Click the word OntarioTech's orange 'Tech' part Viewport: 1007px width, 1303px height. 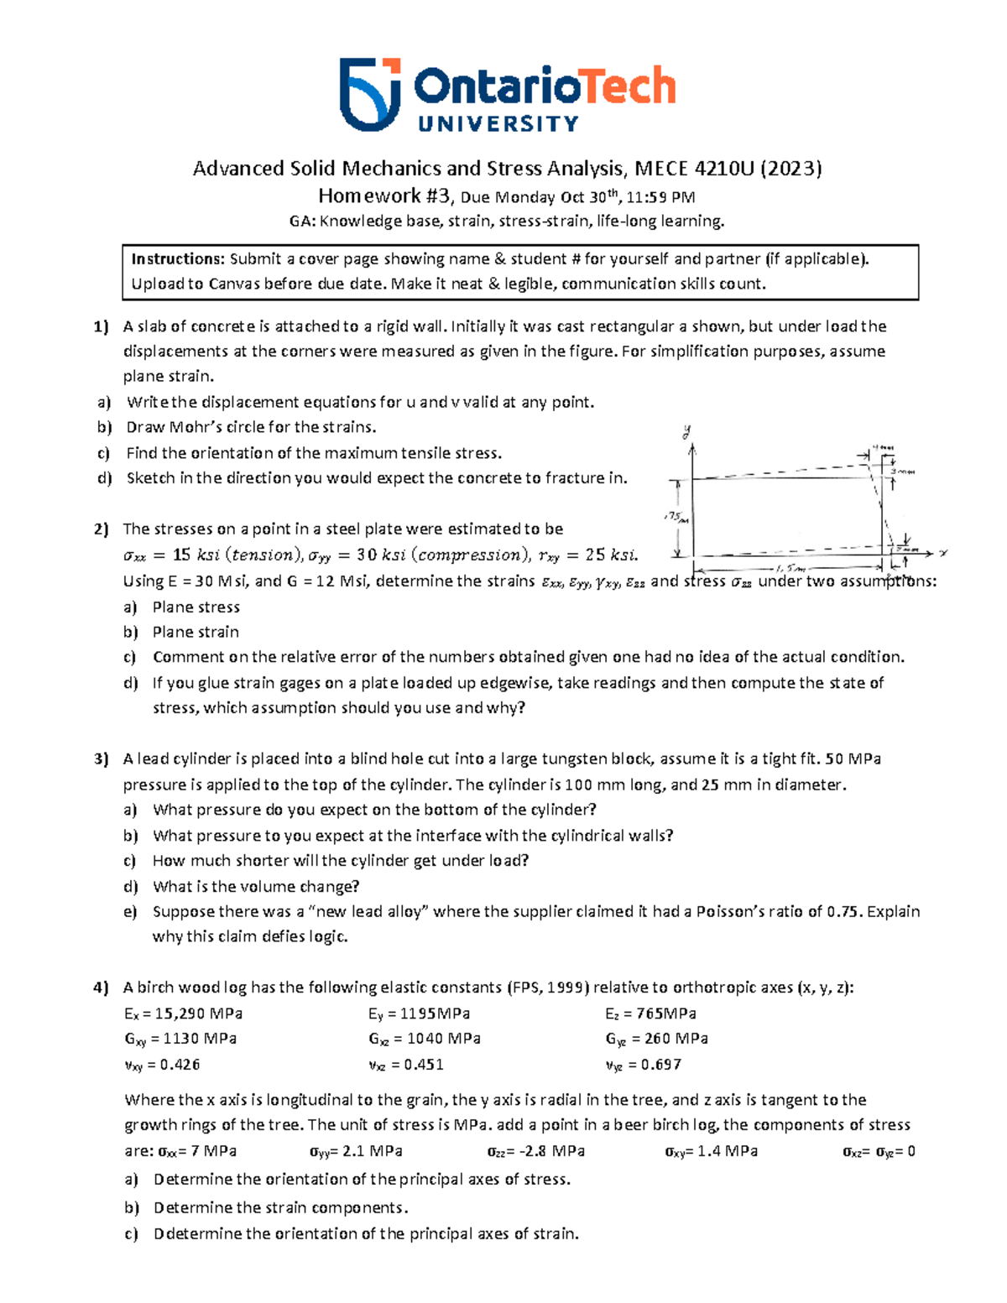[x=629, y=86]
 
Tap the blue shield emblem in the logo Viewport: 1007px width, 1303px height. [x=369, y=94]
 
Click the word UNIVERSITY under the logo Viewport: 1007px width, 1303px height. [x=498, y=124]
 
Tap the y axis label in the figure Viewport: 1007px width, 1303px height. [x=687, y=433]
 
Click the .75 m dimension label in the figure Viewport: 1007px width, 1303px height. [x=676, y=518]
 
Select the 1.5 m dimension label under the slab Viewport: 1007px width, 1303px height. [x=790, y=569]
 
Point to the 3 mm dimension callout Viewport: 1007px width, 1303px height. [x=903, y=472]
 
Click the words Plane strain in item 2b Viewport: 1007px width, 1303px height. [x=196, y=632]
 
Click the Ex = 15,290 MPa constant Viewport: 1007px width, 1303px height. [x=183, y=1014]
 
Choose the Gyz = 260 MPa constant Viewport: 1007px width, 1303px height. [x=656, y=1039]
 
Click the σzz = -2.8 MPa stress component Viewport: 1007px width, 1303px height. [x=535, y=1151]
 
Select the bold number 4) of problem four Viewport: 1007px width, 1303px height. [x=101, y=988]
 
